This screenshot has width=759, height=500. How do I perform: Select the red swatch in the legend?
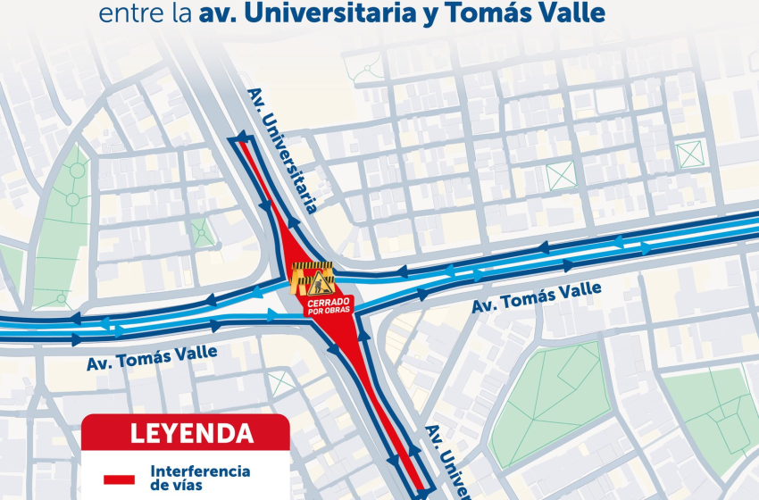[119, 479]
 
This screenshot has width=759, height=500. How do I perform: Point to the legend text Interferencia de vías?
[200, 478]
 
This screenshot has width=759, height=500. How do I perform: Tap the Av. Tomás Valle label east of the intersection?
[536, 296]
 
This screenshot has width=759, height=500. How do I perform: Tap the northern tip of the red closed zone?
[239, 142]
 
